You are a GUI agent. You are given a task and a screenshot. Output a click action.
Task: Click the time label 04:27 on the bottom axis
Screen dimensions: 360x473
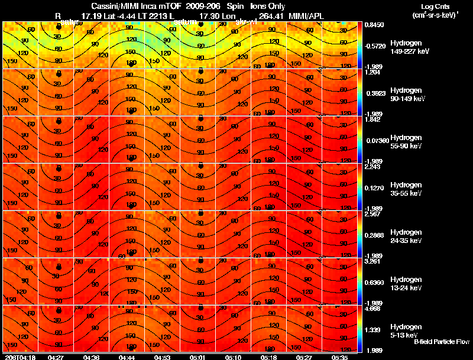[56, 357]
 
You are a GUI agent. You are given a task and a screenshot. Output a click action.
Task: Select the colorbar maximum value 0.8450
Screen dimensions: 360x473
[374, 25]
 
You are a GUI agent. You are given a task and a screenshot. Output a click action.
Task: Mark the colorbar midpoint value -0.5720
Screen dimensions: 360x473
[375, 46]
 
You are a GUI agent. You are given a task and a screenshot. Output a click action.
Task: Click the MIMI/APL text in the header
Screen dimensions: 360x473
[304, 15]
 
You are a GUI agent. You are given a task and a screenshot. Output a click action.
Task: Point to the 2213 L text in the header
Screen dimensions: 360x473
[163, 15]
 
